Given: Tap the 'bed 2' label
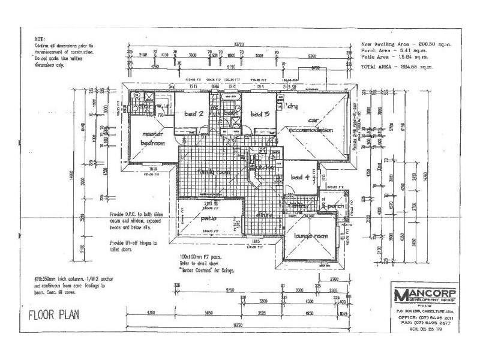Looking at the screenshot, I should click(x=193, y=114).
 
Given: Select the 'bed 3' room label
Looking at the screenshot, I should click(x=259, y=114).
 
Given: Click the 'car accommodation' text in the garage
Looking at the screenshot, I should click(x=311, y=125).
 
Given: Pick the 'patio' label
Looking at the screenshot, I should click(x=208, y=219).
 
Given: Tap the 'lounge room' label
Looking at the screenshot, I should click(x=311, y=236).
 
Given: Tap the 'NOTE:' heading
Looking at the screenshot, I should click(x=40, y=38).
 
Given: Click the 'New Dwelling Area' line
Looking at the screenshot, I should click(x=406, y=44).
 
